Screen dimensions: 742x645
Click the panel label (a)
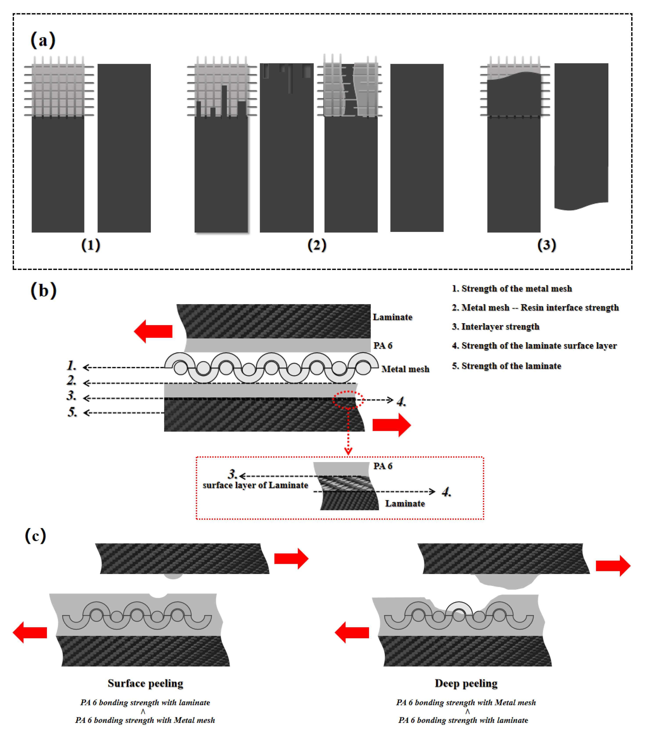point(43,40)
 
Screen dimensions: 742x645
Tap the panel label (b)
point(43,290)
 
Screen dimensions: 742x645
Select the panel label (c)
point(35,536)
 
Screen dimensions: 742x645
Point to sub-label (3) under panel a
point(546,245)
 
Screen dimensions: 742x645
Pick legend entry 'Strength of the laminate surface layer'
point(534,346)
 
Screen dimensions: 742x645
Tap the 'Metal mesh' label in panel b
point(405,369)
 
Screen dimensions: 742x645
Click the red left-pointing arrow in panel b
point(153,331)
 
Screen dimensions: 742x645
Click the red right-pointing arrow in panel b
point(392,425)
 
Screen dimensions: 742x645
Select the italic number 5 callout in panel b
point(72,412)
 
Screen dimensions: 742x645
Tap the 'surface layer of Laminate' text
point(255,485)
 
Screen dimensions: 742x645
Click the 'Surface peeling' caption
point(145,683)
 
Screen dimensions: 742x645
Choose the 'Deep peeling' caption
point(466,683)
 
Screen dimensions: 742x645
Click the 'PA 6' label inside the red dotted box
point(383,466)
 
